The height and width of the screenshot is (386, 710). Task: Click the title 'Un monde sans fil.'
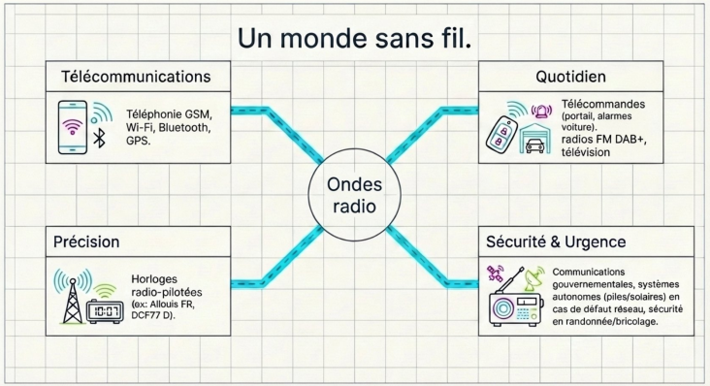(355, 39)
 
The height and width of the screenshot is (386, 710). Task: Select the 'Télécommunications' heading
(136, 77)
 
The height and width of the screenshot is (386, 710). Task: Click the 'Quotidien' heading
(570, 77)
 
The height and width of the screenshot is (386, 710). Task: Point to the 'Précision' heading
(86, 241)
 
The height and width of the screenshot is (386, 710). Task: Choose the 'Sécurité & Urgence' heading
(556, 241)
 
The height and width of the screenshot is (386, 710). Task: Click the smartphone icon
(73, 128)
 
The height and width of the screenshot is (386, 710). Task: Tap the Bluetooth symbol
(99, 138)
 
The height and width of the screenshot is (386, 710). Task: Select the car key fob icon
(501, 136)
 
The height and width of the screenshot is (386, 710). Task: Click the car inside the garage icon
(535, 145)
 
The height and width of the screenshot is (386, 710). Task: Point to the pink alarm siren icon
(541, 111)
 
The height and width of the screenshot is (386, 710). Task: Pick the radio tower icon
(73, 297)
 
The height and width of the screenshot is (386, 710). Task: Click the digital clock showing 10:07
(105, 311)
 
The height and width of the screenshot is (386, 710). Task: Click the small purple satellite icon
(495, 273)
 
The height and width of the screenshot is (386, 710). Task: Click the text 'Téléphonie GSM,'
(170, 114)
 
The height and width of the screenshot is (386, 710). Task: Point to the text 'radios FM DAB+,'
(604, 140)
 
